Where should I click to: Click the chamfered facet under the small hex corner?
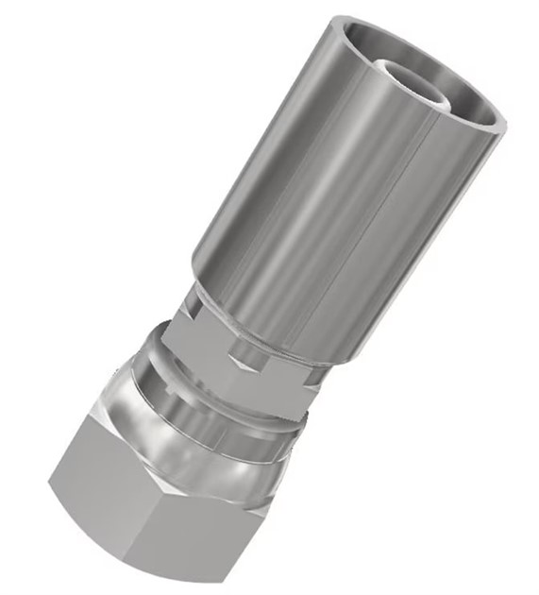tap(244, 363)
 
